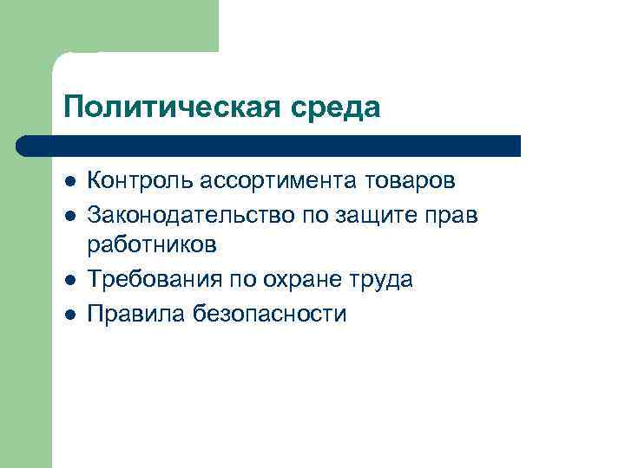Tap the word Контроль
[x=141, y=181]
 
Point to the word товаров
[x=412, y=181]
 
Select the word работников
[x=152, y=246]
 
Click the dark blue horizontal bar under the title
[x=269, y=146]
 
